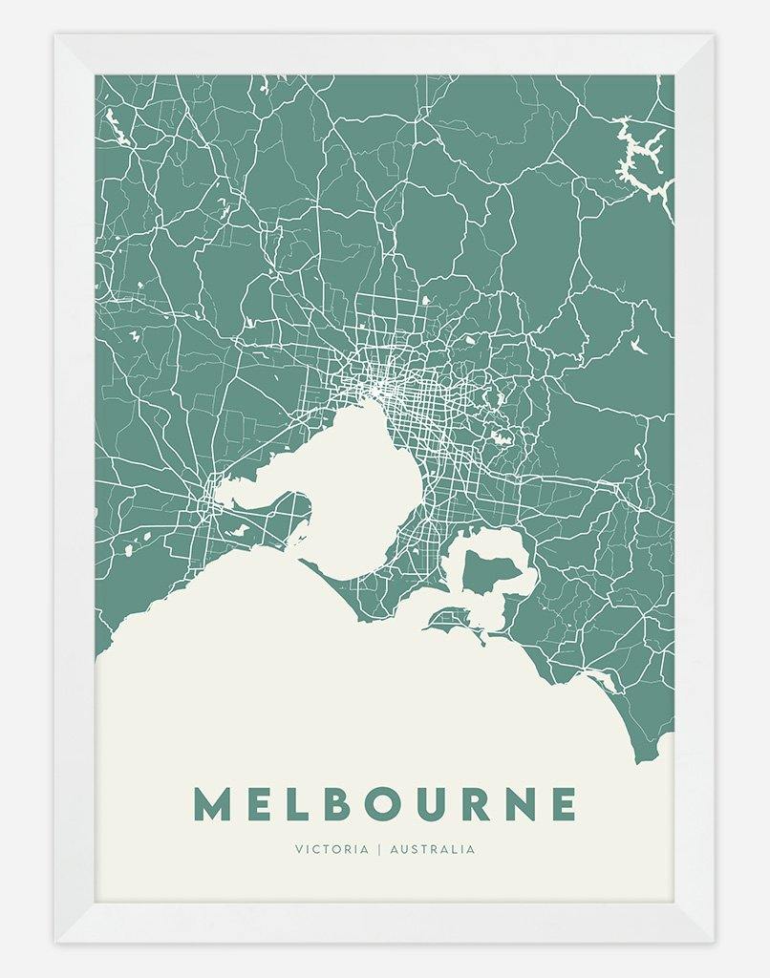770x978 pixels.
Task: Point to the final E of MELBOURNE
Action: point(564,804)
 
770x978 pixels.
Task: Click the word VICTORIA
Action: point(332,849)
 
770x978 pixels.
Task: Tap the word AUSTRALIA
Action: point(433,849)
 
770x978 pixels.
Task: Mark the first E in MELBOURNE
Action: point(258,804)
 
